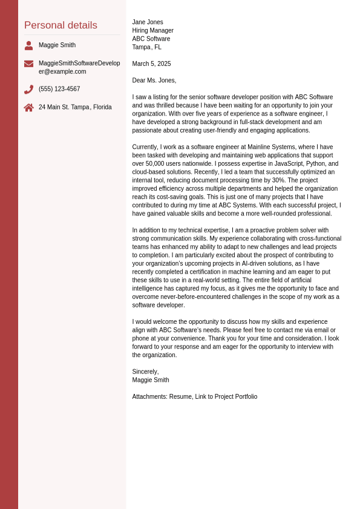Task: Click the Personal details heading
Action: coord(61,25)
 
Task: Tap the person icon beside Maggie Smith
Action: coord(28,45)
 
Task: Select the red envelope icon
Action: coord(28,64)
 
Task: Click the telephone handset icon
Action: coord(28,90)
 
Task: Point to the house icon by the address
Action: coord(28,108)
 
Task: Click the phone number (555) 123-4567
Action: coord(59,89)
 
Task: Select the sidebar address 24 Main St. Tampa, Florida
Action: coord(75,107)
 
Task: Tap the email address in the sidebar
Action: coord(79,67)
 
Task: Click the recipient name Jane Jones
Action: coord(148,22)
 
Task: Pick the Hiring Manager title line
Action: coord(152,31)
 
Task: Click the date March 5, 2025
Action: coord(151,64)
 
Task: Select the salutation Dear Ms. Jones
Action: coord(154,80)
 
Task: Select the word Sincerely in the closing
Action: coord(145,372)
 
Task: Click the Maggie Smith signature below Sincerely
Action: coord(151,380)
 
